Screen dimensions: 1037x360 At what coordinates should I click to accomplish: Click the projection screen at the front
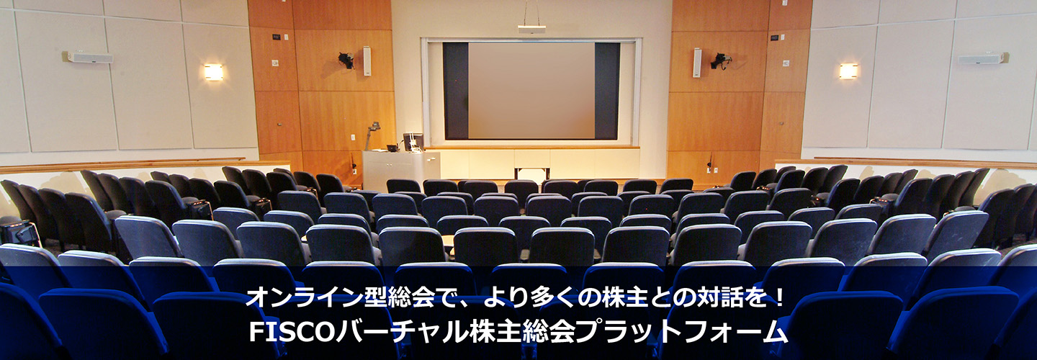pos(531,91)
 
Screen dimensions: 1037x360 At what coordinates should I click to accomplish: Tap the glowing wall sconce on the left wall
pos(213,72)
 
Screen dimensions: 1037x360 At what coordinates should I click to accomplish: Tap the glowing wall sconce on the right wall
pos(848,71)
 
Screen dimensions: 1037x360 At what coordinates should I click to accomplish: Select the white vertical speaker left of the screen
pos(367,61)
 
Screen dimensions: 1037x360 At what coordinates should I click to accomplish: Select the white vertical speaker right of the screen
pos(697,63)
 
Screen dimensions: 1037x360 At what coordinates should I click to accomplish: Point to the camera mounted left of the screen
pos(346,59)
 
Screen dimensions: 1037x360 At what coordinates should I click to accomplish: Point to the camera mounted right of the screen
pos(720,60)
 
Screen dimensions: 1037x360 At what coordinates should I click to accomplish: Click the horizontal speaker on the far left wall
pos(89,58)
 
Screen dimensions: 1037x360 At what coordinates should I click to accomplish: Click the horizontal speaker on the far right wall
pos(983,58)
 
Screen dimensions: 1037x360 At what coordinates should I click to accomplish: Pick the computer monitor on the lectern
pos(413,141)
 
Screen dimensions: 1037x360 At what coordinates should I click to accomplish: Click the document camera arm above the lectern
pos(372,134)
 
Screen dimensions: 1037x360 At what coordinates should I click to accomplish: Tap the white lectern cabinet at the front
pos(401,169)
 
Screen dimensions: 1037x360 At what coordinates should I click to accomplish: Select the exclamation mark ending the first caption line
pos(780,297)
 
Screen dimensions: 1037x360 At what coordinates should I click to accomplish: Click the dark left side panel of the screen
pos(456,91)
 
